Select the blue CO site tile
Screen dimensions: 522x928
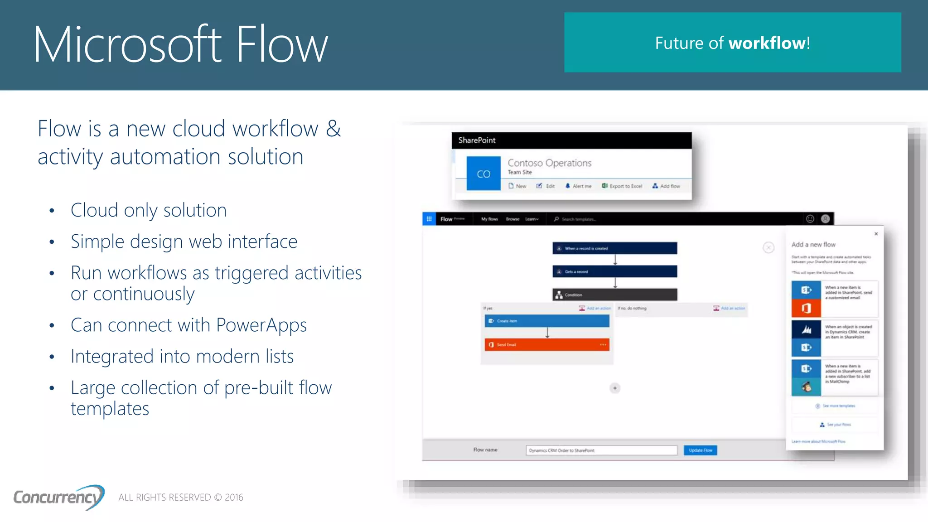click(483, 174)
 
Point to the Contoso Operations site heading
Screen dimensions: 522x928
click(549, 163)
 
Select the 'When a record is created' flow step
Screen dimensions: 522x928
click(614, 248)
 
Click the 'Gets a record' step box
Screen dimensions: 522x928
click(614, 271)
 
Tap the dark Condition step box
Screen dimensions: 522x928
click(614, 295)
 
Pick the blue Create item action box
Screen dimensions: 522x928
click(547, 321)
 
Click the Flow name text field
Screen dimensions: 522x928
click(601, 450)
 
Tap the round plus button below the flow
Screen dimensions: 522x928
click(615, 388)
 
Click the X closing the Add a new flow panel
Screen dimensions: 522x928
click(876, 234)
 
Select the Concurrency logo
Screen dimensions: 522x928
click(59, 497)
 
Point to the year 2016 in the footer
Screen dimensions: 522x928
click(234, 498)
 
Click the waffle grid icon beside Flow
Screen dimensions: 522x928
click(429, 219)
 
